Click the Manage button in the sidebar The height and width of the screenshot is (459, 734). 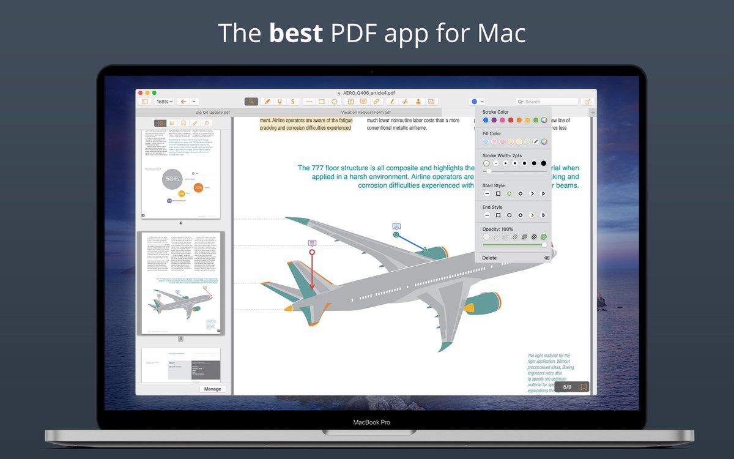[x=213, y=389]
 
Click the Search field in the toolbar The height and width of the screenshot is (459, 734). [x=547, y=102]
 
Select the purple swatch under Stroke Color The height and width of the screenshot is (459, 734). [x=494, y=120]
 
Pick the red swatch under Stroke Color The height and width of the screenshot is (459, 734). [x=511, y=120]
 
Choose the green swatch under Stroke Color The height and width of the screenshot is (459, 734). [x=535, y=120]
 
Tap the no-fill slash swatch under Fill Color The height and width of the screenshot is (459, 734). [x=535, y=142]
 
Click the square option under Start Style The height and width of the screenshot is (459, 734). [x=498, y=193]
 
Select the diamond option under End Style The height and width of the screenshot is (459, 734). [x=521, y=215]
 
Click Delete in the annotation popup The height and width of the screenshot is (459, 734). [x=490, y=258]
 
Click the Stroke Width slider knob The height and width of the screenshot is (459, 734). [x=488, y=171]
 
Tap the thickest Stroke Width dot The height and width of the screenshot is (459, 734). [x=543, y=163]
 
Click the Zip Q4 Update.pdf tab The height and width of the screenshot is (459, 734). [x=213, y=113]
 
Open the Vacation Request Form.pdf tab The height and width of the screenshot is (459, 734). [x=366, y=113]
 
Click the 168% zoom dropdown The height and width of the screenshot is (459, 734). [x=164, y=102]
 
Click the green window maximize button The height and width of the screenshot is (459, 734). [x=154, y=93]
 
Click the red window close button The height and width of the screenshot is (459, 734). [x=140, y=93]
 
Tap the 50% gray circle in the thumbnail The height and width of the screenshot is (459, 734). [x=172, y=179]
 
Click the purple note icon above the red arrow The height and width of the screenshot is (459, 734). [x=312, y=243]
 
